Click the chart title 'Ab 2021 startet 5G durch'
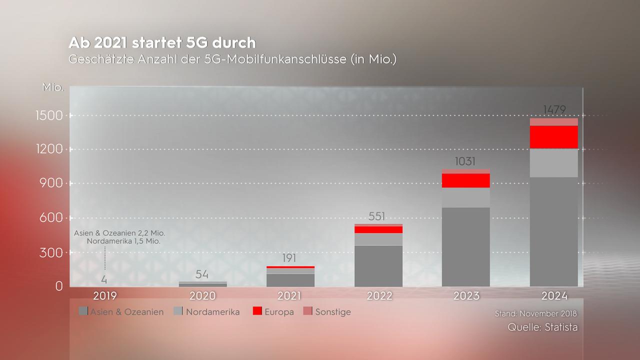click(162, 42)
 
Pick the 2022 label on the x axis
click(379, 295)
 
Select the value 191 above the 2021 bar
click(289, 258)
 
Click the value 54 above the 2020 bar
click(202, 274)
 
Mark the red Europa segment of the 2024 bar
click(553, 137)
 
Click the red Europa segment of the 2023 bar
click(466, 180)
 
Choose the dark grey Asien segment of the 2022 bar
click(378, 265)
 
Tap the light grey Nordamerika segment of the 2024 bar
click(553, 162)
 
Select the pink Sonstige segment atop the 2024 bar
click(553, 122)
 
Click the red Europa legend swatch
click(257, 311)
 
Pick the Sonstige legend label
click(332, 312)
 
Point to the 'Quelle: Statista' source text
click(542, 327)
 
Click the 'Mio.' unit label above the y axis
click(53, 88)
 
